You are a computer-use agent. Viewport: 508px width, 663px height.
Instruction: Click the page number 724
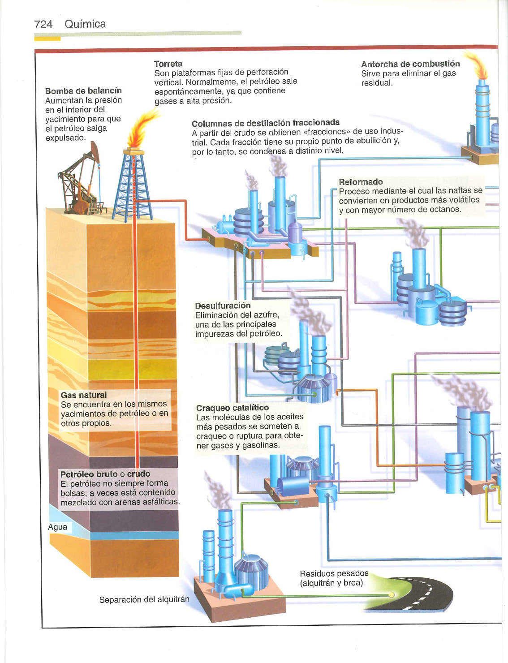pyautogui.click(x=43, y=24)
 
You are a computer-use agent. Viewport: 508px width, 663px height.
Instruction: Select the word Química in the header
pyautogui.click(x=85, y=24)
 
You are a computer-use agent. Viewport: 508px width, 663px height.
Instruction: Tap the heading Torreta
pyautogui.click(x=168, y=64)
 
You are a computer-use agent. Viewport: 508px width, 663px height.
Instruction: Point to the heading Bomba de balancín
pyautogui.click(x=83, y=90)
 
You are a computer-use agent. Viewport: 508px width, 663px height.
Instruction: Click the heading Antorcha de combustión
pyautogui.click(x=410, y=64)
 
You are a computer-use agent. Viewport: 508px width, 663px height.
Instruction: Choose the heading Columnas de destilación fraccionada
pyautogui.click(x=266, y=123)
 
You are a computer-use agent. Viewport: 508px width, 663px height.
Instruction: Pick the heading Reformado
pyautogui.click(x=361, y=182)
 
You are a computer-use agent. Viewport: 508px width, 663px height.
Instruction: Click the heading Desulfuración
pyautogui.click(x=223, y=306)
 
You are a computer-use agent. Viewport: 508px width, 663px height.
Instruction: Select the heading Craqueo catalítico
pyautogui.click(x=232, y=408)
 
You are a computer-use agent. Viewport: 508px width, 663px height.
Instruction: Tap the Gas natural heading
pyautogui.click(x=84, y=395)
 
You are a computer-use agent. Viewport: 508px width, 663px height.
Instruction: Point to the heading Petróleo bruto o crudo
pyautogui.click(x=105, y=474)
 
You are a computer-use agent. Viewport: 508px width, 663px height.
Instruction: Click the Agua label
pyautogui.click(x=57, y=527)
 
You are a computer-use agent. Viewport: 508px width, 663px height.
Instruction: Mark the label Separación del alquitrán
pyautogui.click(x=144, y=599)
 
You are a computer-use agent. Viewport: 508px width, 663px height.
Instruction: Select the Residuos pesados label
pyautogui.click(x=334, y=573)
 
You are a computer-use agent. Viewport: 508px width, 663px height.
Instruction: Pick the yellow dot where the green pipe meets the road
pyautogui.click(x=392, y=594)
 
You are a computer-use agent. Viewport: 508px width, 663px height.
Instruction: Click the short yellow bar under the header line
pyautogui.click(x=47, y=39)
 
